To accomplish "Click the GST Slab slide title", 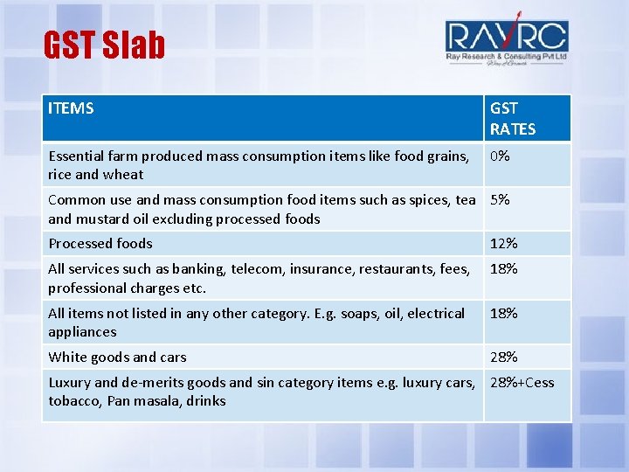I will click(104, 45).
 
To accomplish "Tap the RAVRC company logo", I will click(507, 42).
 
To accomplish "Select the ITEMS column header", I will click(71, 108).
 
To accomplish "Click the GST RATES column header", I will click(513, 118).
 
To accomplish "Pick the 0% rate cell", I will click(501, 156).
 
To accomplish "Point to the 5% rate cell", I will click(500, 199).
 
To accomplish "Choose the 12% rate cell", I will click(503, 243).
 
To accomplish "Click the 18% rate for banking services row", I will click(503, 269).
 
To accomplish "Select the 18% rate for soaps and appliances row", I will click(503, 313).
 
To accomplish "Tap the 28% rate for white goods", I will click(503, 357).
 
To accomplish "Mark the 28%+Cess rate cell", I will click(522, 382).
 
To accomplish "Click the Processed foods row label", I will click(100, 243).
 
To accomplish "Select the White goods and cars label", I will click(117, 357).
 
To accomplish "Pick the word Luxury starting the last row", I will click(69, 382).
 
